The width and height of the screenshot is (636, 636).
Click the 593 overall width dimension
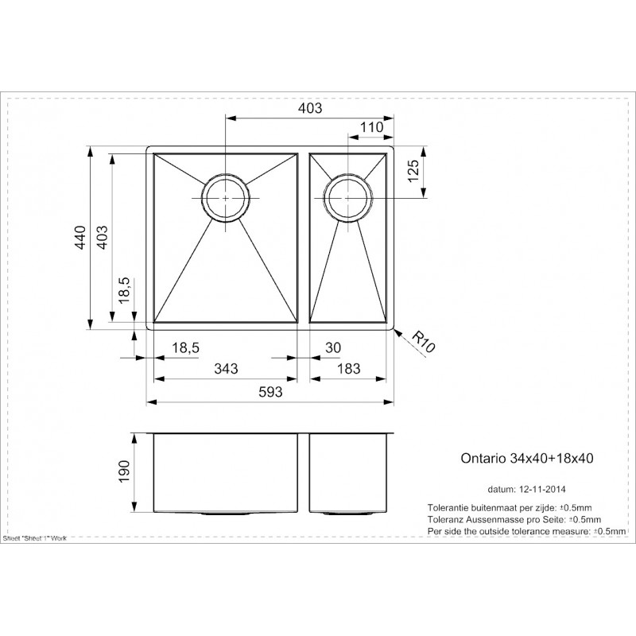tap(270, 392)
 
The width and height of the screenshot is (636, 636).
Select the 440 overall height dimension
tap(81, 237)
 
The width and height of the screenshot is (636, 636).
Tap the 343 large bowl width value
tap(226, 368)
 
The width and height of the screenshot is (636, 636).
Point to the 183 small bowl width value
tap(348, 368)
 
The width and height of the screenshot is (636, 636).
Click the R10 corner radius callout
tap(423, 343)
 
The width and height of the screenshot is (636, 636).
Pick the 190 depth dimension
tap(124, 471)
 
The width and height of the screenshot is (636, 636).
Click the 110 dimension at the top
tap(371, 127)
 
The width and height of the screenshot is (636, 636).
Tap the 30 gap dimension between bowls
tap(333, 347)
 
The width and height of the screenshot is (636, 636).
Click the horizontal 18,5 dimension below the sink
tap(185, 348)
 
